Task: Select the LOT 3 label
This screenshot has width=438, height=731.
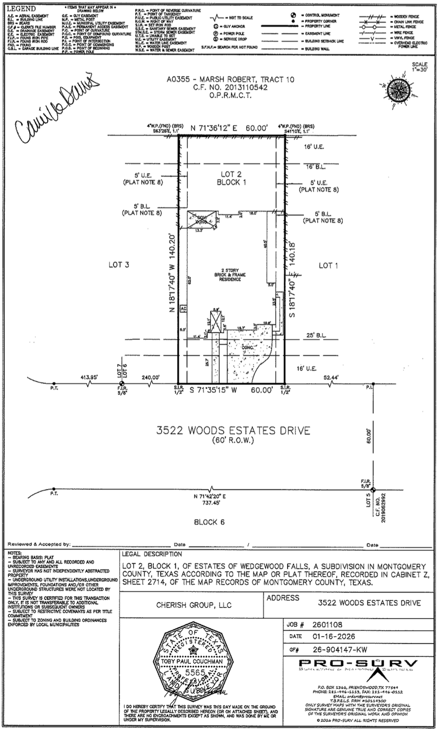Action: [118, 265]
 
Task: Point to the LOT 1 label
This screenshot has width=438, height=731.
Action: [328, 265]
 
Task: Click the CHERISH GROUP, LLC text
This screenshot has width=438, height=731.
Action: [194, 605]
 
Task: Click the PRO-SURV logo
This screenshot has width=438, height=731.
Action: [358, 664]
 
